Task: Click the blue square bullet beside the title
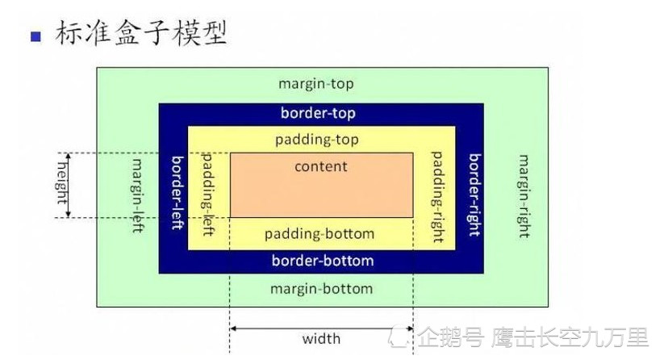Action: click(36, 36)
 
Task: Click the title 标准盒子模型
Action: click(141, 32)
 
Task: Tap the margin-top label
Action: click(316, 83)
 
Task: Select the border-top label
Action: click(318, 113)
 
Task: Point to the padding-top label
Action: click(317, 140)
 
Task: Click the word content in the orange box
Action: click(321, 166)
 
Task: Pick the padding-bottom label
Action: click(319, 234)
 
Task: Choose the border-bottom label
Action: click(323, 261)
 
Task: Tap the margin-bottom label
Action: click(321, 289)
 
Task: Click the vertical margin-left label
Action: click(137, 195)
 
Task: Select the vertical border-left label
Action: click(177, 193)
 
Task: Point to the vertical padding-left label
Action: click(207, 194)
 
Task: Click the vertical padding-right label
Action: click(437, 197)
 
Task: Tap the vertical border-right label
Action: click(475, 195)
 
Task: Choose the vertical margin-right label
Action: click(524, 196)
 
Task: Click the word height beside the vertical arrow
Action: click(62, 183)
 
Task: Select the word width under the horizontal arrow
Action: click(321, 339)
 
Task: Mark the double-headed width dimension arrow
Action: click(321, 329)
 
